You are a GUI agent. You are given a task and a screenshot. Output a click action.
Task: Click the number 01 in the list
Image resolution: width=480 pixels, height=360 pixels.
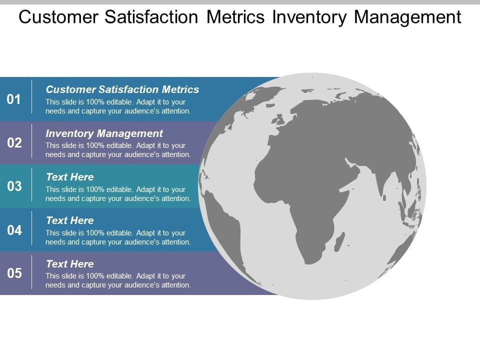(14, 99)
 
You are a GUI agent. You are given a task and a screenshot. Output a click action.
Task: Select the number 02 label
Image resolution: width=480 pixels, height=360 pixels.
(14, 143)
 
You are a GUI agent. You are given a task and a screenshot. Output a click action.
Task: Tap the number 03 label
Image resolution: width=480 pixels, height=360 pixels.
(14, 186)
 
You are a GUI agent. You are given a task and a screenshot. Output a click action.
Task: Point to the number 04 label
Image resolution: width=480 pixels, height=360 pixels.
(14, 230)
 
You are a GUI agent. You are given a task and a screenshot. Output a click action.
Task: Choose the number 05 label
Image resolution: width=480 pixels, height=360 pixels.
(14, 273)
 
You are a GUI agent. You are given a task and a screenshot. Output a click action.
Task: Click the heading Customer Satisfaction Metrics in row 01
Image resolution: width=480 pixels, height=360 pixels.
(122, 89)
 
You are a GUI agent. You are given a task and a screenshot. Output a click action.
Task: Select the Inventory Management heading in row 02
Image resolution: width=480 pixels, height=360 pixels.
(104, 133)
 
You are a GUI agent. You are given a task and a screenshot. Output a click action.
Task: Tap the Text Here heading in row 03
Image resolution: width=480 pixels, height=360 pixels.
(69, 177)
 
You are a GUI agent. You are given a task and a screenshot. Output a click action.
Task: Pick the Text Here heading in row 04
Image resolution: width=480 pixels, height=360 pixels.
(69, 220)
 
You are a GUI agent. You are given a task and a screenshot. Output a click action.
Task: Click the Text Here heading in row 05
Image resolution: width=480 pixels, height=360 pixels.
(69, 264)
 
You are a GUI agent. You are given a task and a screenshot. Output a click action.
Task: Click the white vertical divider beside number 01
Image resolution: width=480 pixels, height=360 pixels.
(32, 99)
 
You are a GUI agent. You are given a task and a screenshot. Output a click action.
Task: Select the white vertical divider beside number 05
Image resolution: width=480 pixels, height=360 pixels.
(32, 272)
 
